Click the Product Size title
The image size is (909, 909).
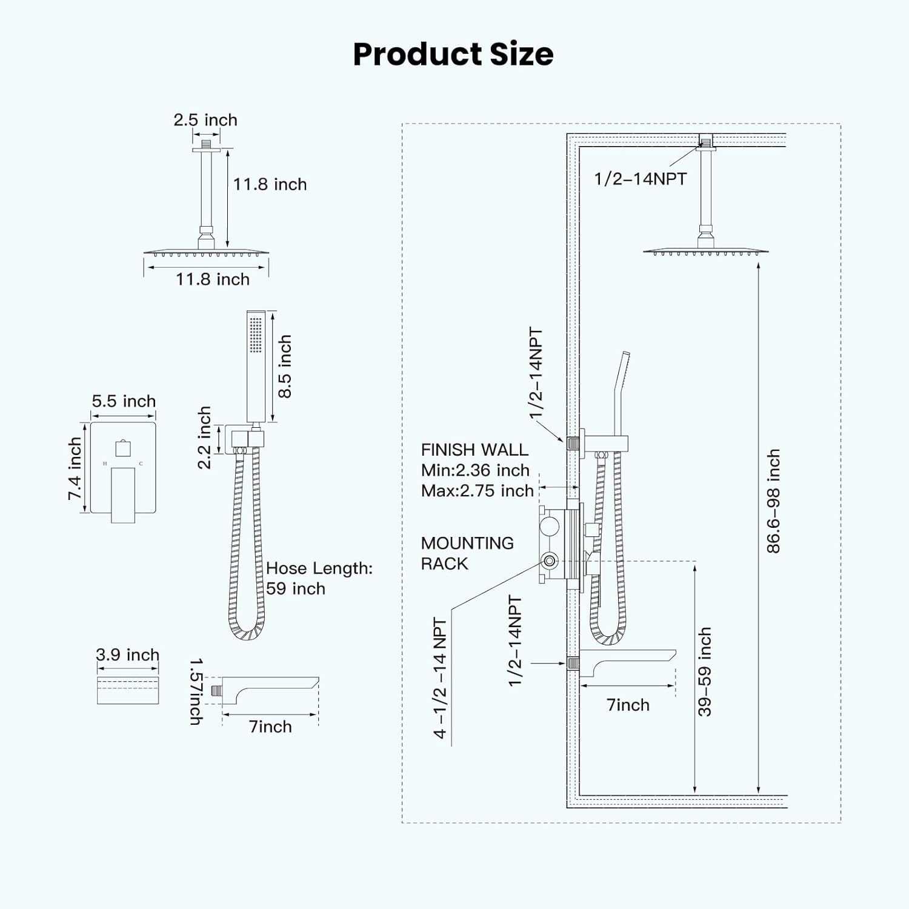[453, 54]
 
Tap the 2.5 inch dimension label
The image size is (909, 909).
[205, 120]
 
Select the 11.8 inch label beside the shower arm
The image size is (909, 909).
[270, 184]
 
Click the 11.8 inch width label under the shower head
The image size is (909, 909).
[213, 279]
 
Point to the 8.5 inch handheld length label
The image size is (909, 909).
[285, 366]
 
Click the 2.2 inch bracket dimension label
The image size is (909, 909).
[204, 438]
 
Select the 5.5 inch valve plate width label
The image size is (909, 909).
[124, 401]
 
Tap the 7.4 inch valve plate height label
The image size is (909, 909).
[75, 468]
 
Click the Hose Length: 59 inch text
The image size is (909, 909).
[319, 578]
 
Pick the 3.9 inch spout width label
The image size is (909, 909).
[127, 655]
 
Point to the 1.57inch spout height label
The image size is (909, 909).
[196, 691]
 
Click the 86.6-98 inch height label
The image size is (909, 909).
[773, 501]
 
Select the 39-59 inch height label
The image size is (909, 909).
[705, 671]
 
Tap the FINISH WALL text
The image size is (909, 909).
[474, 450]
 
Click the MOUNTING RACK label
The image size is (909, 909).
[467, 553]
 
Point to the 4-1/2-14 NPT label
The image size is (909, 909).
[441, 678]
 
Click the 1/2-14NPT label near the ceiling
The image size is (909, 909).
[640, 179]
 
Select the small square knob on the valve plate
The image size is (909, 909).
[123, 448]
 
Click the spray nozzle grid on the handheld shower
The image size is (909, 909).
[256, 333]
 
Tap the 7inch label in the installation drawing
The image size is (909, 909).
[628, 705]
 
